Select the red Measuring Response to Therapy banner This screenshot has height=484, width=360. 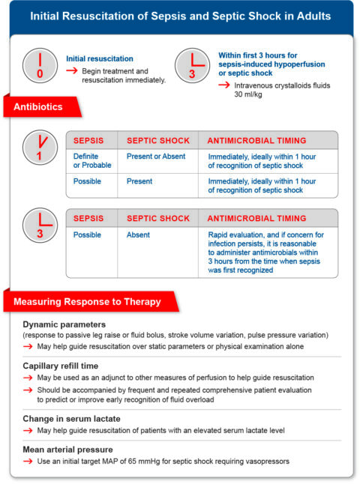point(88,302)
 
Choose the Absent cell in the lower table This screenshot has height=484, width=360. point(140,235)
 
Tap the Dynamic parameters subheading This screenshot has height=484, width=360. point(65,324)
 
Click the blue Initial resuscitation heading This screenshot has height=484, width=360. point(100,58)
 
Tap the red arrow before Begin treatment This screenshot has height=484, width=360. point(71,70)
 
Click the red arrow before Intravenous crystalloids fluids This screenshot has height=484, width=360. point(223,85)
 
